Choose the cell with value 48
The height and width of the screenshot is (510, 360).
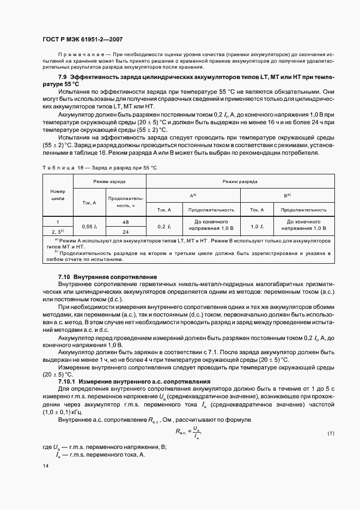125,222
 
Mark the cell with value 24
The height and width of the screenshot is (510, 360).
125,231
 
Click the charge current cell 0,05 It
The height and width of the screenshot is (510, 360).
89,226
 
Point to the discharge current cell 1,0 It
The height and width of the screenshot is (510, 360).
257,226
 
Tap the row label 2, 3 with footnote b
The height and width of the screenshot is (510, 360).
57,231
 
